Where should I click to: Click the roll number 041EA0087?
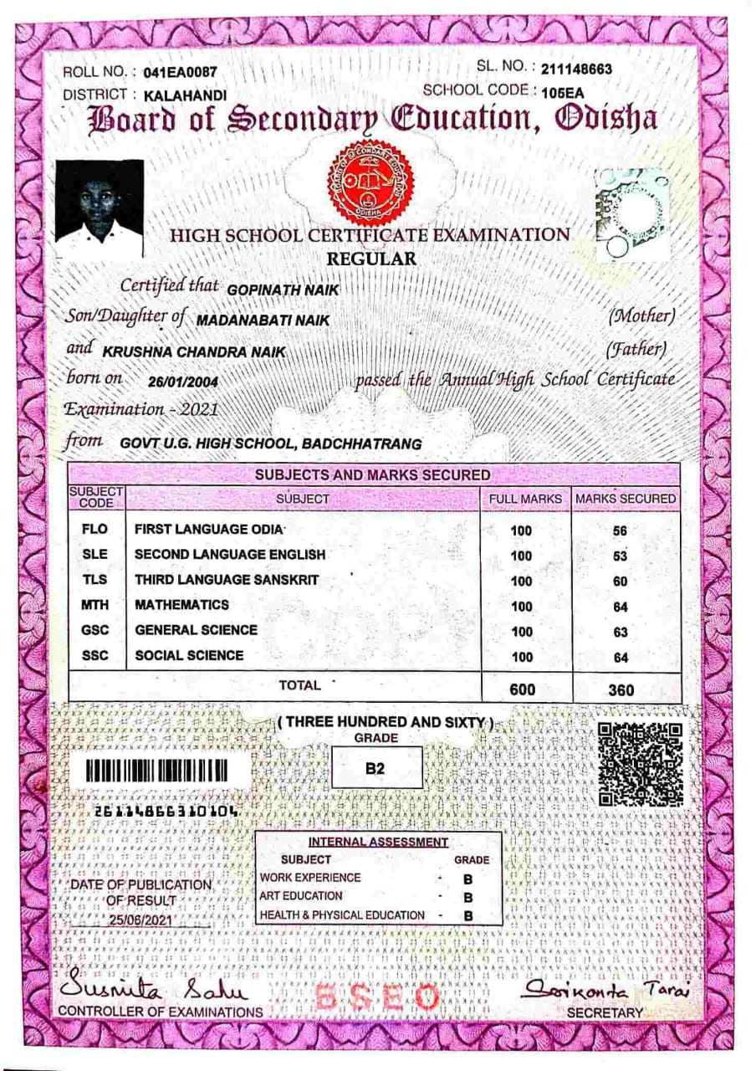[181, 74]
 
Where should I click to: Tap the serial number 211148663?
[576, 69]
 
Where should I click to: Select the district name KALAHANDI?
[185, 96]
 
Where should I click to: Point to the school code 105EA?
[563, 93]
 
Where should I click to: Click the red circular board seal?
[370, 182]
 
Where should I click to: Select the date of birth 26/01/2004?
[182, 382]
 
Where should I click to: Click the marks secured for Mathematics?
[620, 607]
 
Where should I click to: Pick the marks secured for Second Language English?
[620, 556]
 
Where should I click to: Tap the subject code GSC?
[95, 630]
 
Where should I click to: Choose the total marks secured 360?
[620, 690]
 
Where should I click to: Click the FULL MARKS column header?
[525, 499]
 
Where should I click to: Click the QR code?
[641, 765]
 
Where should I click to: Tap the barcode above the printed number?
[157, 771]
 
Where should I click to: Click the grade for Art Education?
[468, 897]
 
